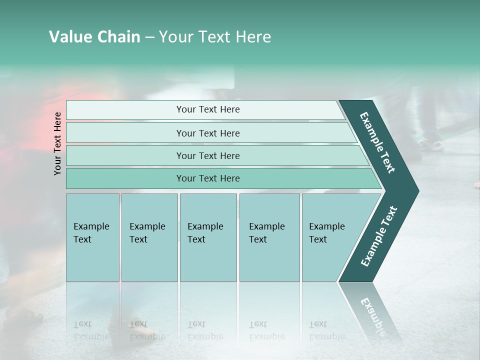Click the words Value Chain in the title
point(94,37)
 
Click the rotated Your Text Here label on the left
point(58,143)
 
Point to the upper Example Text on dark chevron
point(377,142)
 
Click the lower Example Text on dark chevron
point(378,236)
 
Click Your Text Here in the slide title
point(214,37)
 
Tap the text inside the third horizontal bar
point(208,155)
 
